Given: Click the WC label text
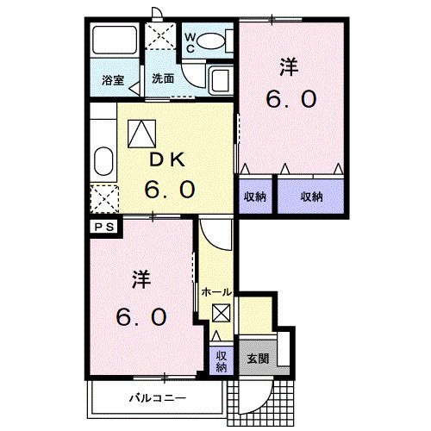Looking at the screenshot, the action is [x=190, y=43].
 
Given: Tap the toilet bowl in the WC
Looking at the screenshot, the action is [x=211, y=41].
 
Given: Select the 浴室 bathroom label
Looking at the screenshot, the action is [x=113, y=80].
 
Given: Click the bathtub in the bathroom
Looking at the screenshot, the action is [x=115, y=41].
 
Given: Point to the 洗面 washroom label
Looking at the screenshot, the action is [x=163, y=78].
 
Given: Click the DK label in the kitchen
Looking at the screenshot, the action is [x=167, y=160].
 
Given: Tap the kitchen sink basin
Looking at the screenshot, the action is [x=103, y=161].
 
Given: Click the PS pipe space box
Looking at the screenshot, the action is [x=104, y=228].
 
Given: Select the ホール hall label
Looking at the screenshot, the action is [x=216, y=292].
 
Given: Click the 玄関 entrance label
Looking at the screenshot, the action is [x=258, y=359].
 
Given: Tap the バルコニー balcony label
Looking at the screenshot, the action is [x=158, y=398].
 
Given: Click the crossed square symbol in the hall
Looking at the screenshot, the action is [x=222, y=313].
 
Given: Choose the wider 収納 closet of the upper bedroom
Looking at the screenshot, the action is [x=310, y=197].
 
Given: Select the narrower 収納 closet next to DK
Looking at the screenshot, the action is [x=255, y=197].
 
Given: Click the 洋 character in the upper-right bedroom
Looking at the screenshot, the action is [x=290, y=66].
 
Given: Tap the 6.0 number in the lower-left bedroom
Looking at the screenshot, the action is [x=141, y=316].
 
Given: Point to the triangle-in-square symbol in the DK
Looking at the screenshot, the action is [x=142, y=134].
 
